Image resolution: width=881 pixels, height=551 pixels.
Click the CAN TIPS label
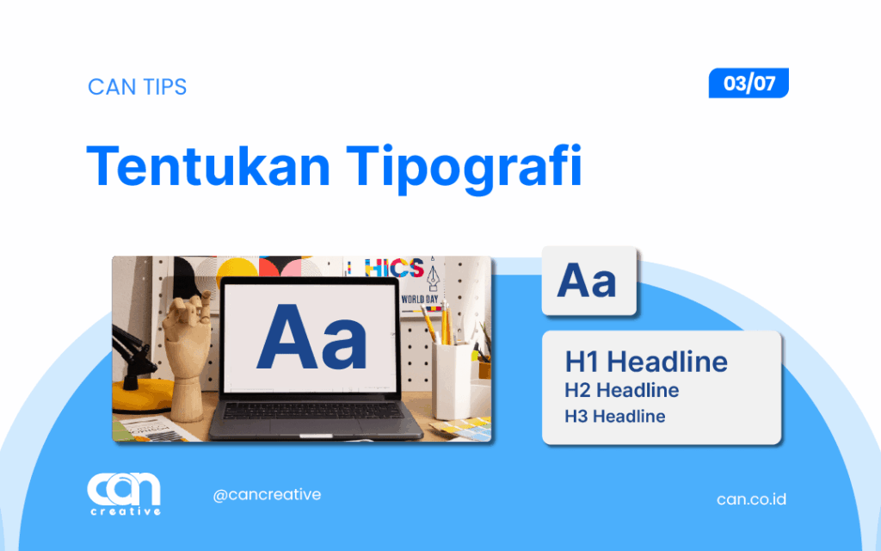coord(137,87)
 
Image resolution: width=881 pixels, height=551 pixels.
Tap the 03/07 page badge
coord(749,84)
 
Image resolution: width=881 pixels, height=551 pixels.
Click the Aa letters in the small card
coord(588,282)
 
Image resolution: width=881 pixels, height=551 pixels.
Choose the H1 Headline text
coord(646,362)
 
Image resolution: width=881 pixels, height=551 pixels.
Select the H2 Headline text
coord(621,390)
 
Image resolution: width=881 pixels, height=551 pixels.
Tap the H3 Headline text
coord(614,417)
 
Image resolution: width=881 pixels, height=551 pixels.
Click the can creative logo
coord(124,494)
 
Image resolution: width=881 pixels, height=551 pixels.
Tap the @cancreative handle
coord(267,494)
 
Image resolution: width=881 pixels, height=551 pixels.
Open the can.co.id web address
coord(750,499)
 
